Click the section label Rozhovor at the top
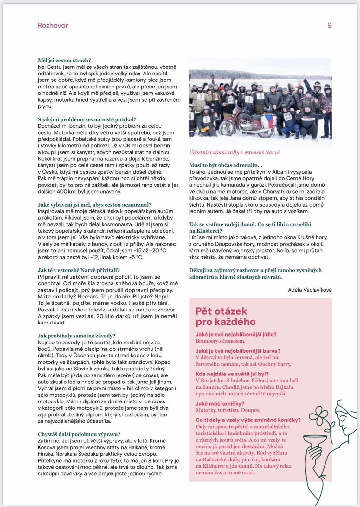53,26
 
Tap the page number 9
329,26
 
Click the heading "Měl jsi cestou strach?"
64,60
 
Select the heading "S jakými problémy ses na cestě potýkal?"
87,119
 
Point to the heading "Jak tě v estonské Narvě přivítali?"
79,270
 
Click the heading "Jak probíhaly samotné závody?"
76,336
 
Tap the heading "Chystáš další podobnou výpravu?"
79,434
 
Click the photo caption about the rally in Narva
234,152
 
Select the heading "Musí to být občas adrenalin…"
226,165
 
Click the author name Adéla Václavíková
310,290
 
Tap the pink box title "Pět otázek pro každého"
225,316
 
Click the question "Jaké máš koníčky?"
220,403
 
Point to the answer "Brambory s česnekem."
220,341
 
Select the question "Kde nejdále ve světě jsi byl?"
232,374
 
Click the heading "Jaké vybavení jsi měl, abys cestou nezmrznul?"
94,205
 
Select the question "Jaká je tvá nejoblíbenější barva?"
238,351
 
